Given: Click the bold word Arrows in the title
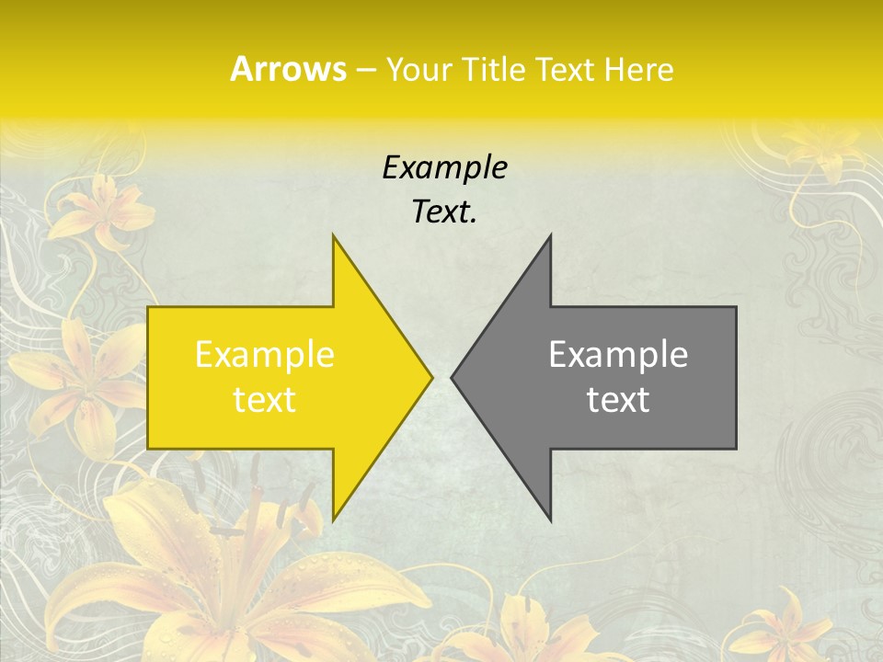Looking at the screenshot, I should pyautogui.click(x=288, y=69).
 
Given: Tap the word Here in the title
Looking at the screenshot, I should pyautogui.click(x=638, y=69).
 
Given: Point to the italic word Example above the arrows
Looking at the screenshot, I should pyautogui.click(x=444, y=167).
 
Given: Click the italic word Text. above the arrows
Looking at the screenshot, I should pyautogui.click(x=444, y=211).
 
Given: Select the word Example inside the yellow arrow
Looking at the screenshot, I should pyautogui.click(x=265, y=355).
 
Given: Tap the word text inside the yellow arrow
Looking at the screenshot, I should pyautogui.click(x=265, y=399).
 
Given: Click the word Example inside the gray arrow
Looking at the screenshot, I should pyautogui.click(x=618, y=355).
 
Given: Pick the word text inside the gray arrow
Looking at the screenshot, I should pyautogui.click(x=618, y=399).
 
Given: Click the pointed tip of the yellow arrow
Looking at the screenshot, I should pyautogui.click(x=431, y=377).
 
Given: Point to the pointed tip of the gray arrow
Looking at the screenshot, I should pyautogui.click(x=453, y=377).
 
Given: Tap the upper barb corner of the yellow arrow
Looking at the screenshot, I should pyautogui.click(x=334, y=236).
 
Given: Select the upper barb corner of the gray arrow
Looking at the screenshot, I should pyautogui.click(x=550, y=236).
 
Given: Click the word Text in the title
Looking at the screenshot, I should pyautogui.click(x=566, y=69).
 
